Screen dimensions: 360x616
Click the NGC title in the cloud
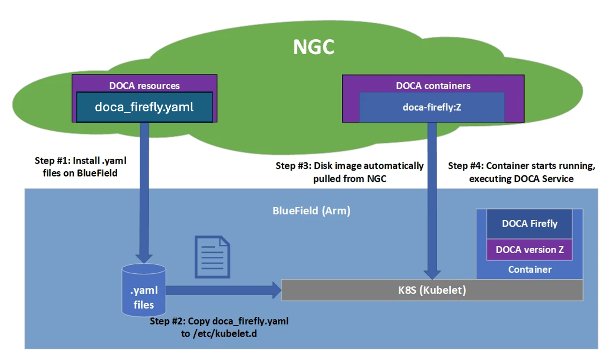coord(314,47)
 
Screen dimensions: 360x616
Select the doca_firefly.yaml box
coord(144,107)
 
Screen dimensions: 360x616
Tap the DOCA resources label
coord(144,86)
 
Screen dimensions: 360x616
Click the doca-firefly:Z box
coord(432,107)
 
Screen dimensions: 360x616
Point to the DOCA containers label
coord(433,86)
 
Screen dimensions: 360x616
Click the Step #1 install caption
coord(81,166)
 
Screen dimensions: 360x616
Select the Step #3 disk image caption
coord(350,172)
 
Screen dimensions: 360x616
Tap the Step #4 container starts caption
coord(521,172)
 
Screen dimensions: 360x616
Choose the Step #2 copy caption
coord(219,327)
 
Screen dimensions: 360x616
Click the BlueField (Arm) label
coord(311,211)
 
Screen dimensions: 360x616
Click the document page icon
coord(212,256)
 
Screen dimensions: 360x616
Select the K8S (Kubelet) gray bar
coord(432,290)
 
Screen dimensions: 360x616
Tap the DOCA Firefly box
coord(529,224)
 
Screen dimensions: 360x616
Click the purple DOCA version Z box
coord(529,250)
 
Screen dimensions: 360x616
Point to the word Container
coord(529,270)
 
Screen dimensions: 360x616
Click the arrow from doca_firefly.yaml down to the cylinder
coord(144,194)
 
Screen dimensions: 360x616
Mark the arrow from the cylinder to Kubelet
coord(222,290)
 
